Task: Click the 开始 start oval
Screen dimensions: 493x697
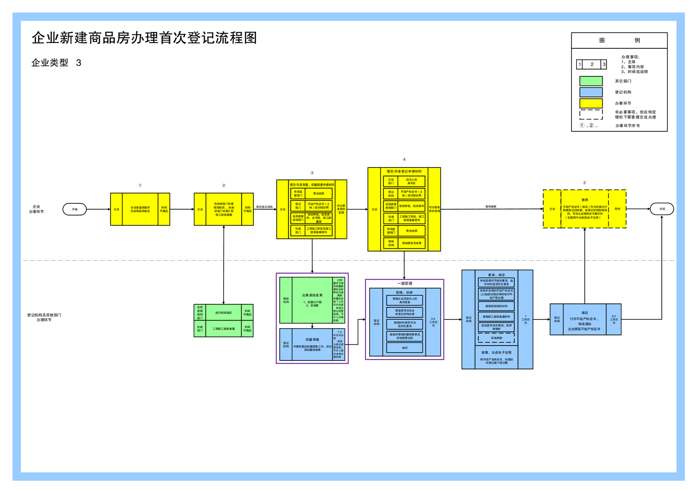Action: pos(75,209)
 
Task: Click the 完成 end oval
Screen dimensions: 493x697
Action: pos(662,209)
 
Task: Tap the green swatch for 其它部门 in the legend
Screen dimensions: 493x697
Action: pos(591,81)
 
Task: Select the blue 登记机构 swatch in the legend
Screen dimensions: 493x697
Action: pos(591,92)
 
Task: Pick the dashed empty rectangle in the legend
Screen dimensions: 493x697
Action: pos(591,114)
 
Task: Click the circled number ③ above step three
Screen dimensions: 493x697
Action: pos(312,173)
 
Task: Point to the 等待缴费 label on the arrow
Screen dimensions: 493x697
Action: pos(491,207)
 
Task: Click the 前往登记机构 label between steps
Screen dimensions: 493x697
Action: pos(264,207)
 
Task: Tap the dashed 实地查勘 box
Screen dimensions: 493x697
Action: pos(496,338)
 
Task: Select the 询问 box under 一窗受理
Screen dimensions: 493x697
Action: pos(404,348)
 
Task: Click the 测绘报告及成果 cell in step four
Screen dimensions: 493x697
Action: pos(412,243)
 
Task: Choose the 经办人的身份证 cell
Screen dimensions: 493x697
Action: pos(412,181)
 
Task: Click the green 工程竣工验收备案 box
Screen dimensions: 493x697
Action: pos(224,329)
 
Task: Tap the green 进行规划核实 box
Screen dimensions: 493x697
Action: pos(224,312)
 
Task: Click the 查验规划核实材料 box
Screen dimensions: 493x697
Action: pos(496,306)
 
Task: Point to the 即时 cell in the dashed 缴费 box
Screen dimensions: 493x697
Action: pos(618,209)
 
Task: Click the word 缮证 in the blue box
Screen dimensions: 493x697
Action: pos(585,313)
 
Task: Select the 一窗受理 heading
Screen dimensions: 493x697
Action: pos(404,283)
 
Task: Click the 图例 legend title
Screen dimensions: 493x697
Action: pos(619,40)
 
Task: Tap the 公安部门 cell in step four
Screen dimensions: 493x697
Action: pos(391,181)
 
